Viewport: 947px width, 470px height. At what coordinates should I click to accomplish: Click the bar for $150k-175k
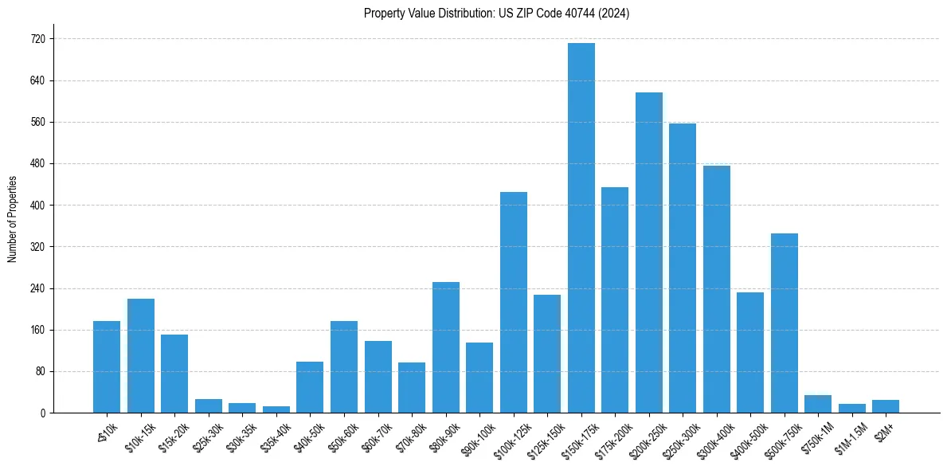point(581,228)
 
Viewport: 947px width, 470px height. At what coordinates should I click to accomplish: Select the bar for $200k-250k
point(649,253)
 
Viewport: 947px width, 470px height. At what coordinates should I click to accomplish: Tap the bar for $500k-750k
point(785,323)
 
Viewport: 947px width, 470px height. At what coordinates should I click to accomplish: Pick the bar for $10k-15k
point(141,355)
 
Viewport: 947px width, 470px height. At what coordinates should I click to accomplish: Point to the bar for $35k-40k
point(276,409)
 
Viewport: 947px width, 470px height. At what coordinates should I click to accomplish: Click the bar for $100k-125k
point(514,302)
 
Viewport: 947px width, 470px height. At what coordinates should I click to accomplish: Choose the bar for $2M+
point(886,406)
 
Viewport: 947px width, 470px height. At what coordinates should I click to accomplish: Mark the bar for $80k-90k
point(446,347)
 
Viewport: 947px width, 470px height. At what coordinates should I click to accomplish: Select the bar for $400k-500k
point(750,352)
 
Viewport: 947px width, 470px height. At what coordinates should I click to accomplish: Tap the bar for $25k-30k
point(209,405)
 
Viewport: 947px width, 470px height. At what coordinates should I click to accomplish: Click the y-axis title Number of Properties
point(12,219)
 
